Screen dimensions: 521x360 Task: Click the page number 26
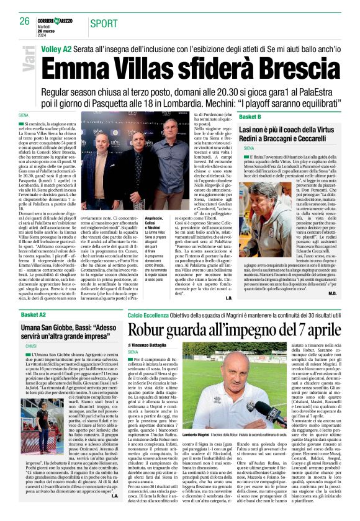click(24, 21)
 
